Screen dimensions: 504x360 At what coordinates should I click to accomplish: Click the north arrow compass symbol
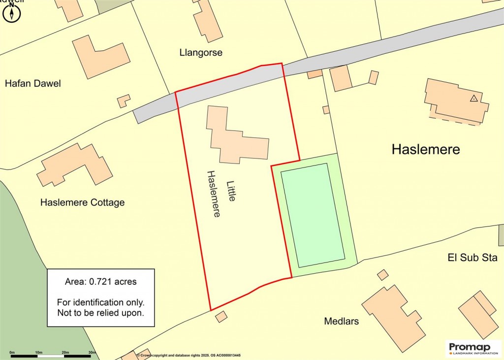click(x=11, y=13)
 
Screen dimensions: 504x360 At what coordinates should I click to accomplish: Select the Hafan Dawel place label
click(x=33, y=83)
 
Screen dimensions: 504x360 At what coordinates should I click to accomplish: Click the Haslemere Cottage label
click(x=82, y=202)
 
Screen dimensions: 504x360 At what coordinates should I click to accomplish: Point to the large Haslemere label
click(x=425, y=149)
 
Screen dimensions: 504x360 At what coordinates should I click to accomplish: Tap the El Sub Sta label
click(x=472, y=258)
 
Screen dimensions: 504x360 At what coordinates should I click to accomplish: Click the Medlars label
click(x=341, y=322)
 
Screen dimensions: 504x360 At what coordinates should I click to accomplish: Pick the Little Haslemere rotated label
click(x=222, y=194)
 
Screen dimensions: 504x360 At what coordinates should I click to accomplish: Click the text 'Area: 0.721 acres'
click(x=100, y=282)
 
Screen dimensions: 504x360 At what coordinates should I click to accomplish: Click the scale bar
click(x=52, y=355)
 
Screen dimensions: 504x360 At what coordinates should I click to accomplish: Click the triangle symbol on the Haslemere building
click(x=473, y=98)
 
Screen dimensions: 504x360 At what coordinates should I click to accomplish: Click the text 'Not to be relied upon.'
click(x=100, y=312)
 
